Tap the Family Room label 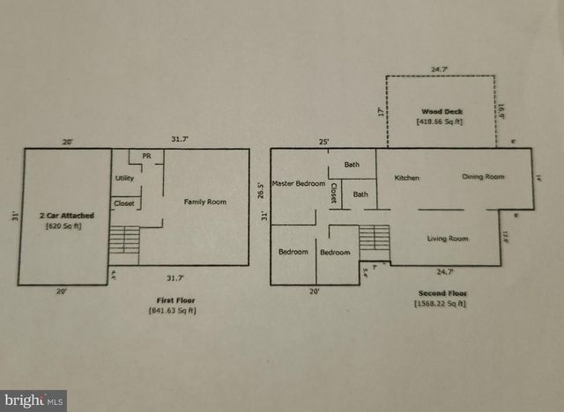coord(204,202)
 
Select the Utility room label coord(124,179)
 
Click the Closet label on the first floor coord(124,204)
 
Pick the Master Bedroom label coord(298,183)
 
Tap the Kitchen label coord(406,178)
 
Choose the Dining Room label coord(483,177)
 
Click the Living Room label coord(447,238)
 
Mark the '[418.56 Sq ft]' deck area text coord(439,121)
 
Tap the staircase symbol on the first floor coord(123,240)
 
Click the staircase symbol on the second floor coord(375,239)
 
